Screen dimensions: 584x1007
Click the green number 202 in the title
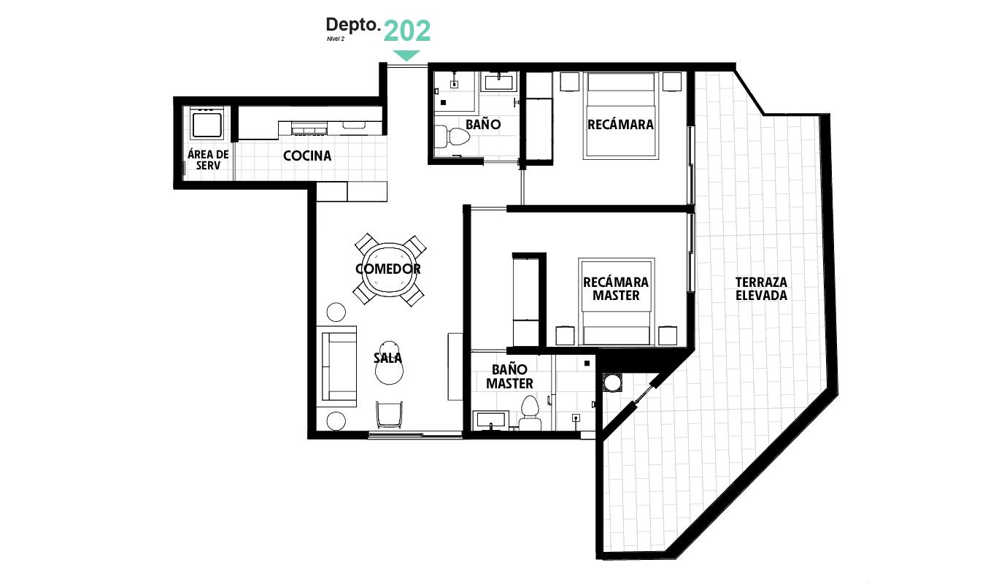tap(407, 31)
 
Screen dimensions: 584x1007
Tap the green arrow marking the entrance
tap(406, 55)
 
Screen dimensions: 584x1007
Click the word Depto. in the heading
tap(353, 25)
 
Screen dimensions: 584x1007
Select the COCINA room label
tap(307, 155)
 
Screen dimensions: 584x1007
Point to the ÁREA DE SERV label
tap(208, 160)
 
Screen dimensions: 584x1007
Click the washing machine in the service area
tap(207, 123)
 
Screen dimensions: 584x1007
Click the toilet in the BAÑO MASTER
tap(530, 412)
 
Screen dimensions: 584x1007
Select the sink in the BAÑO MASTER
tap(491, 419)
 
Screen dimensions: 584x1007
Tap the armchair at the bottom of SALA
tap(389, 415)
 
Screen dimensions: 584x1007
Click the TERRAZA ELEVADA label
tap(761, 289)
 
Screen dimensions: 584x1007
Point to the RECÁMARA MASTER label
tap(616, 289)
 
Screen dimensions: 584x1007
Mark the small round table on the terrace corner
tap(611, 383)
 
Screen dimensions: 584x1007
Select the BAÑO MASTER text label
tap(509, 376)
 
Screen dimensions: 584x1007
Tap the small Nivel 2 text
tap(336, 39)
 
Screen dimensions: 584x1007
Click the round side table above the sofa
tap(336, 312)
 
